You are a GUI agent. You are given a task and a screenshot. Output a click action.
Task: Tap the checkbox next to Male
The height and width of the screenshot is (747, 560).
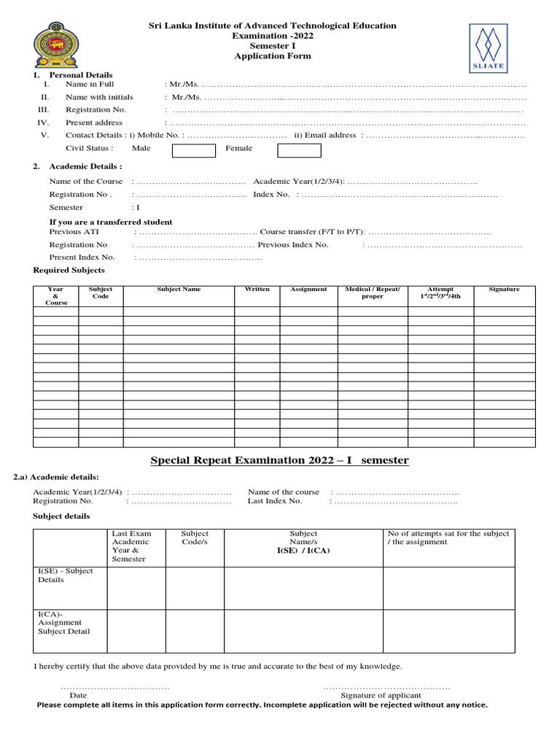click(194, 150)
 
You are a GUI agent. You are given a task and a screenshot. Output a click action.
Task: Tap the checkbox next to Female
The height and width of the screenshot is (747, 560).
click(299, 150)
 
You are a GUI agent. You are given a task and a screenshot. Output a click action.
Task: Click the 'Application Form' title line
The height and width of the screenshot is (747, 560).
click(272, 56)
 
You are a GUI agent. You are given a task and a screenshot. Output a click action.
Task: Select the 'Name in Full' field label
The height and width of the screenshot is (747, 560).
click(90, 85)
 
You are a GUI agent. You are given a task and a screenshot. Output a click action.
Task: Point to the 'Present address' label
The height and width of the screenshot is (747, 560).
click(94, 123)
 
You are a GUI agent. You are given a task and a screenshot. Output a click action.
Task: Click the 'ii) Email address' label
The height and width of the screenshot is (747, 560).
click(325, 135)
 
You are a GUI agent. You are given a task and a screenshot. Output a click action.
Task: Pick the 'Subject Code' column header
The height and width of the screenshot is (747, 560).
click(101, 293)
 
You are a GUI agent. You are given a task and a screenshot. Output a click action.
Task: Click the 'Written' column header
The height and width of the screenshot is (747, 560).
click(257, 290)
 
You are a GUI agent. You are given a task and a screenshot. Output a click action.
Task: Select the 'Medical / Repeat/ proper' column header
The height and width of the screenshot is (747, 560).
click(372, 293)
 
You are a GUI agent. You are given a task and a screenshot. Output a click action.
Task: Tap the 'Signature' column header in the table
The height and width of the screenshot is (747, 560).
click(504, 290)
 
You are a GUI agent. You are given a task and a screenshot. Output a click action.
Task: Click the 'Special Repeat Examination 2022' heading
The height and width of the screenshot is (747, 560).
click(279, 460)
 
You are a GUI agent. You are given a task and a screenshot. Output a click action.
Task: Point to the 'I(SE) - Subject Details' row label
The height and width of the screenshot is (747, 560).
click(66, 576)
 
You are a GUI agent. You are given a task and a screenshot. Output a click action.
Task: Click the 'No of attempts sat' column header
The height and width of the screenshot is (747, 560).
click(448, 538)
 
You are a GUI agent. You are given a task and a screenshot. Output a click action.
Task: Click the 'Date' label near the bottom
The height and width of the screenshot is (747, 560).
click(78, 695)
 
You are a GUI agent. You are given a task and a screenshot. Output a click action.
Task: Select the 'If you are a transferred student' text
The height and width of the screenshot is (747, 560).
click(111, 222)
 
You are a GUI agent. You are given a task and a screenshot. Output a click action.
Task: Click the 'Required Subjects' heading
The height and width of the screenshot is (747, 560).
click(69, 270)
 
